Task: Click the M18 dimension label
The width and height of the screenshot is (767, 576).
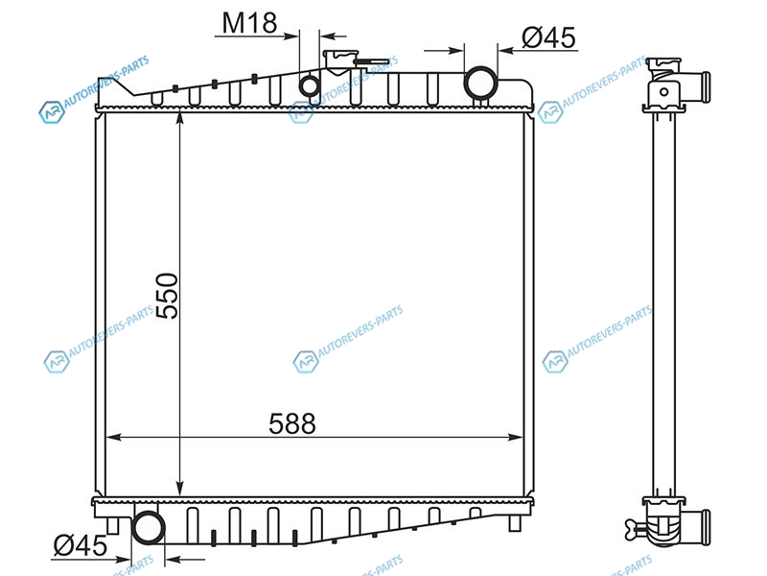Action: tap(249, 22)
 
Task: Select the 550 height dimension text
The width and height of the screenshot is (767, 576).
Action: tap(167, 296)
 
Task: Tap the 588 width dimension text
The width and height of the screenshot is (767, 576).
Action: tap(292, 423)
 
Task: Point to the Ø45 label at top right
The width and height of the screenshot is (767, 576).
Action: tap(548, 37)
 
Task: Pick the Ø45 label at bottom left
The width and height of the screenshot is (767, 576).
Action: tap(81, 544)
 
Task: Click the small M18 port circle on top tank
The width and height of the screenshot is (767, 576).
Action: tap(309, 86)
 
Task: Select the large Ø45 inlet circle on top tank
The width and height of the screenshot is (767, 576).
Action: tap(480, 84)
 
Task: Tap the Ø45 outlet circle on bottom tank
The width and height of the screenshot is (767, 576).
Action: tap(149, 527)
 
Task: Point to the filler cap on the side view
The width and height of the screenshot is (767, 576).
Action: tap(663, 64)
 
